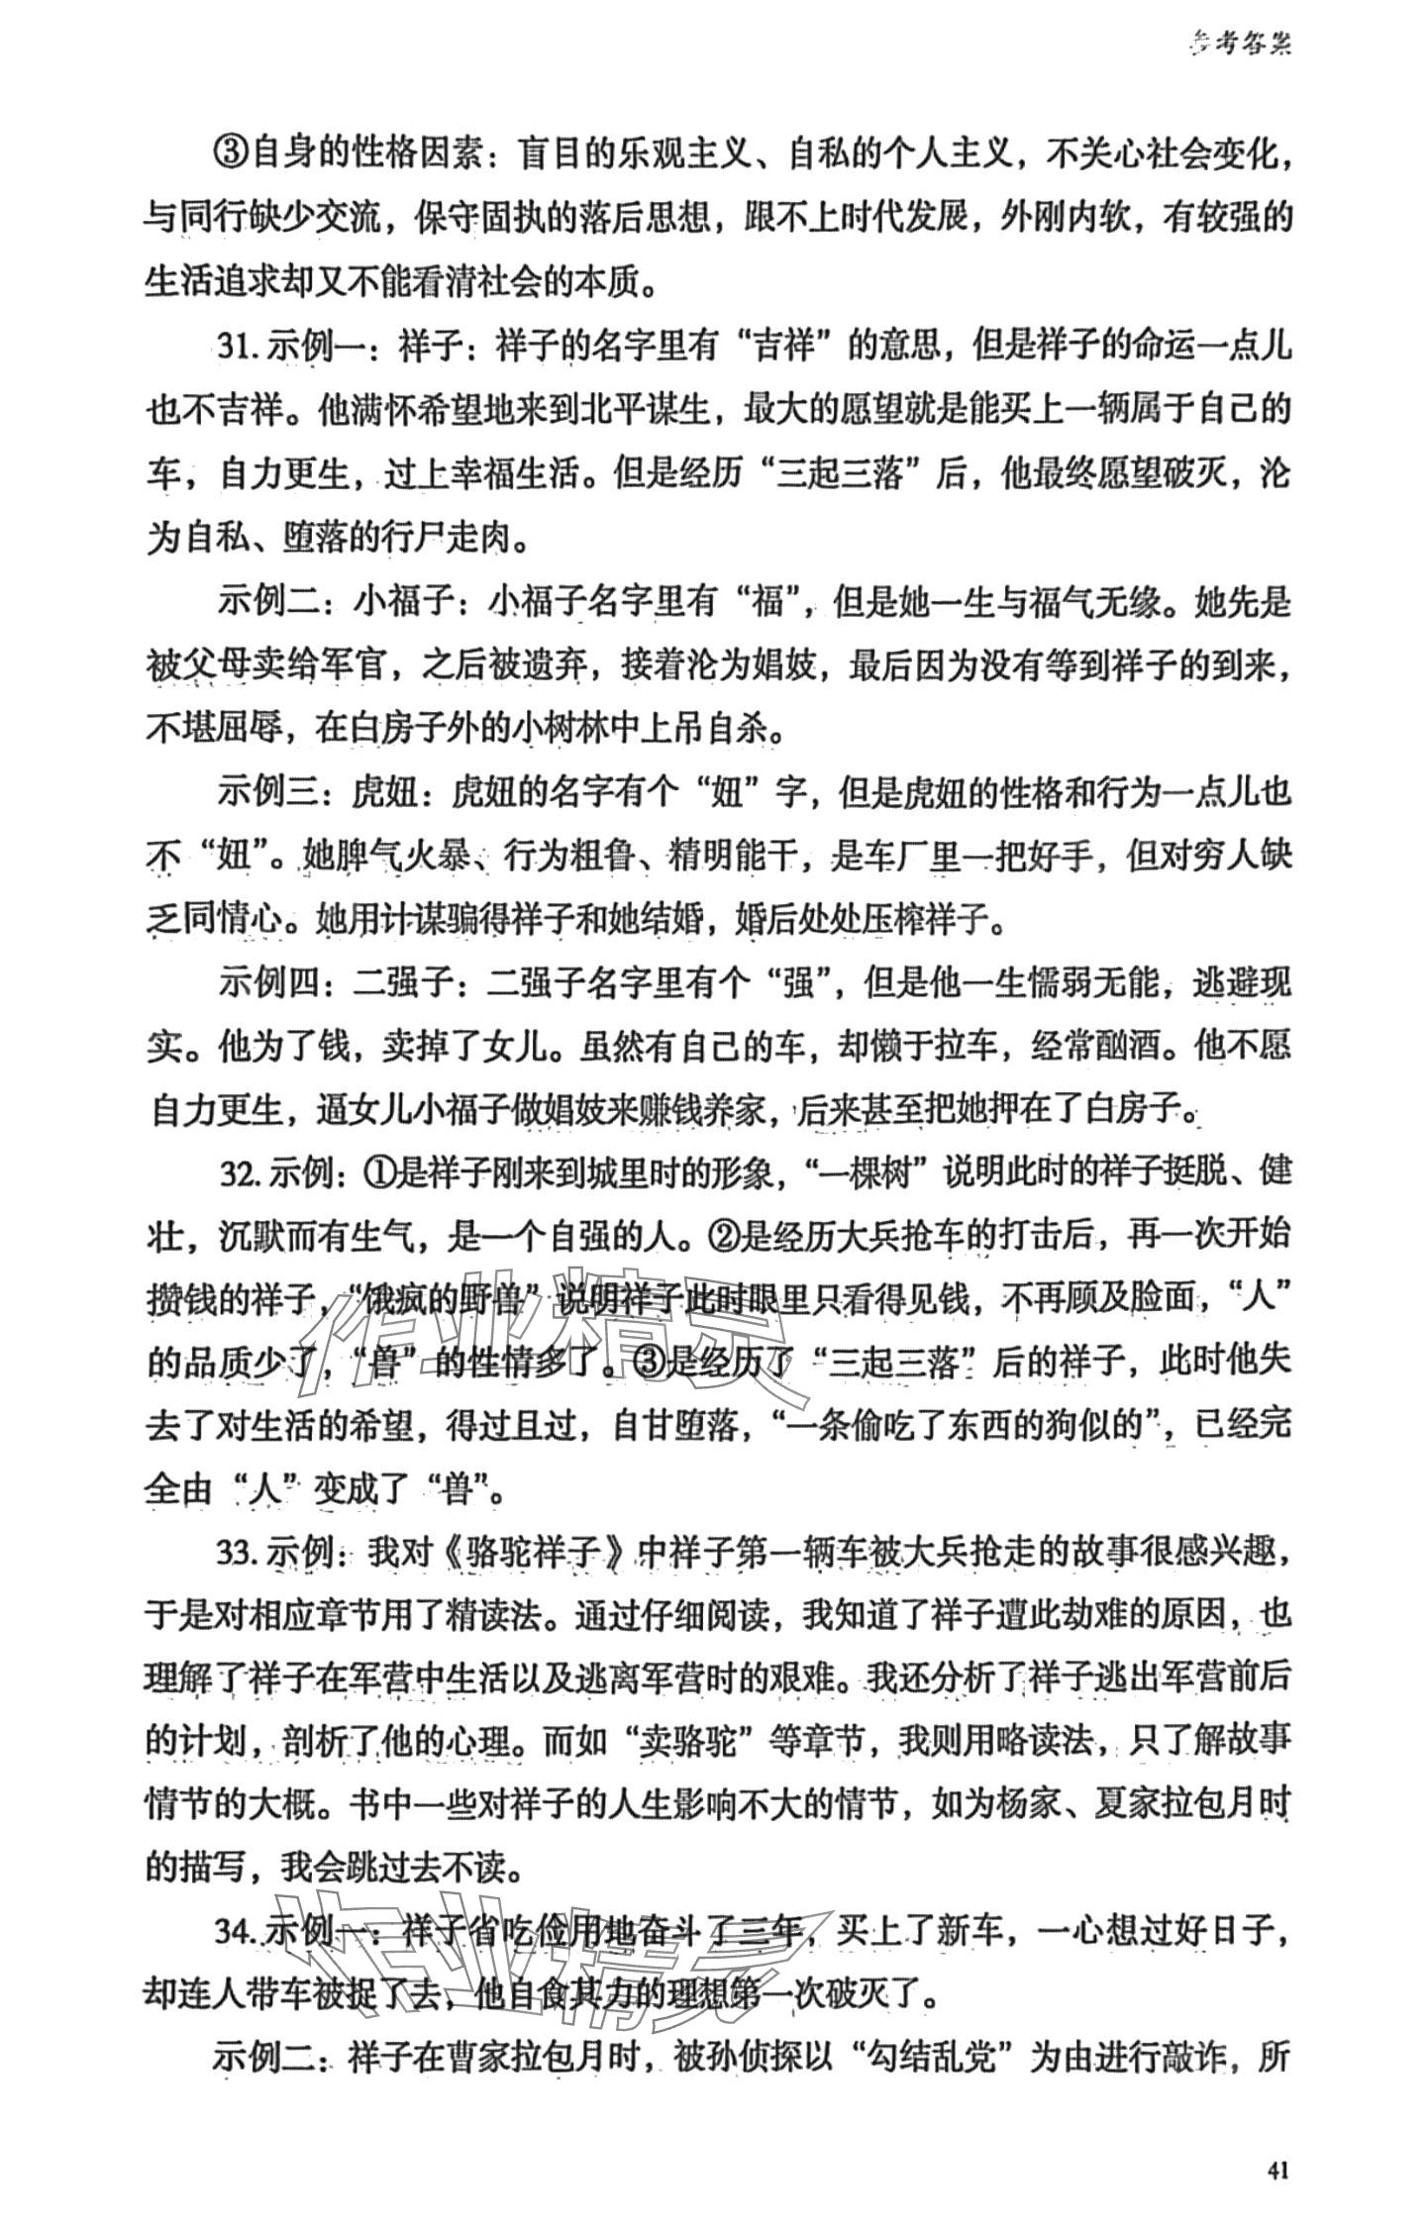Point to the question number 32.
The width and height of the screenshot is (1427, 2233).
click(x=241, y=1173)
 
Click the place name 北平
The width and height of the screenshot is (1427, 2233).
click(x=658, y=412)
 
